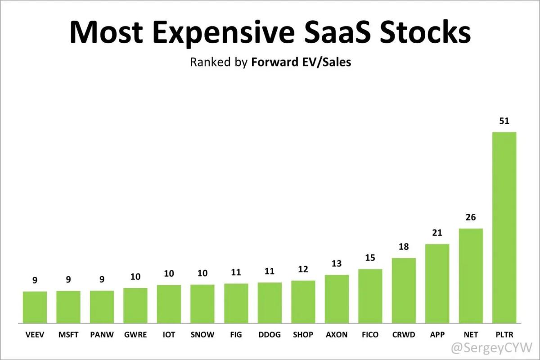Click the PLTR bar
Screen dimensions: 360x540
tap(504, 227)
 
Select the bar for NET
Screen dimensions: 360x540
tap(471, 275)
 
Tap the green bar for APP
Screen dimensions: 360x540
tap(437, 283)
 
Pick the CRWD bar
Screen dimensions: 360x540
tap(404, 290)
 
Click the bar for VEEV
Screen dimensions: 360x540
tap(35, 307)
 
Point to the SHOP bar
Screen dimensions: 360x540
tap(303, 301)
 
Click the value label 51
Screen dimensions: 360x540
tap(504, 121)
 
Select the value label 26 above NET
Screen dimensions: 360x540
tap(471, 217)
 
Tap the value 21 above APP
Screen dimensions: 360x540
tap(437, 233)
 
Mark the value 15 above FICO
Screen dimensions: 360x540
tap(370, 258)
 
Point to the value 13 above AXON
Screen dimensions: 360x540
tap(337, 264)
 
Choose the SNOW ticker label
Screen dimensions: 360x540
tap(202, 335)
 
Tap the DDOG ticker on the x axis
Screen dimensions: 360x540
tap(269, 335)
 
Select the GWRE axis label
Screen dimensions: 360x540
tap(135, 335)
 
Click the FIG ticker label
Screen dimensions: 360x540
tap(236, 335)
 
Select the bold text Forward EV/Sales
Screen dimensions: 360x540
tap(301, 62)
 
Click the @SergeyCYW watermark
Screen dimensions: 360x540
tap(491, 347)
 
